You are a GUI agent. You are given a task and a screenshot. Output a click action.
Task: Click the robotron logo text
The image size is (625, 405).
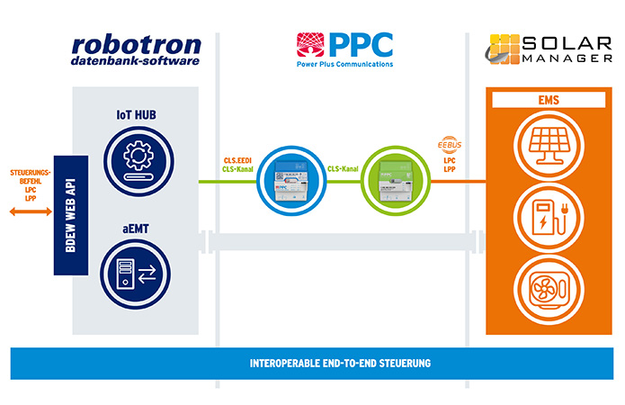[135, 48]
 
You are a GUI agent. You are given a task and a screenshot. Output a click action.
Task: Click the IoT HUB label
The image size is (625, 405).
[136, 115]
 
